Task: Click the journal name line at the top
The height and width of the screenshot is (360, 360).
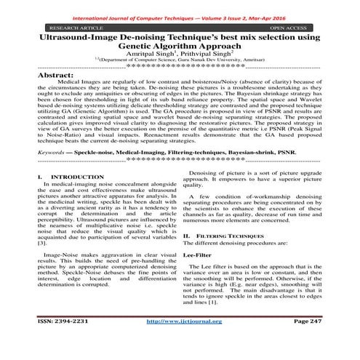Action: pos(180,7)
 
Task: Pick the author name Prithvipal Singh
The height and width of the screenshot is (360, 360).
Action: pos(208,54)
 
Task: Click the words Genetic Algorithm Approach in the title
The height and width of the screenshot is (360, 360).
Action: pos(179,44)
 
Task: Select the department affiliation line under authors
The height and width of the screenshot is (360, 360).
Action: pos(179,63)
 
